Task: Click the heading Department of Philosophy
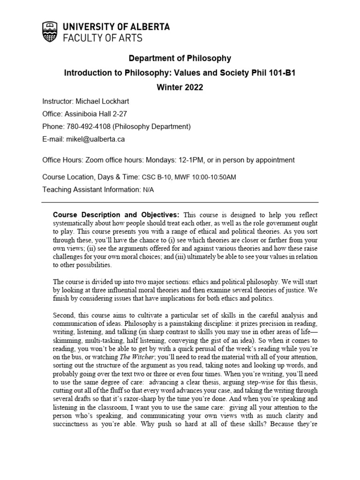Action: coord(180,59)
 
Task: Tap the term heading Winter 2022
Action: coord(180,88)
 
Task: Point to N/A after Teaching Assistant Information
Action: coord(148,190)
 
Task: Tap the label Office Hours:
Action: coord(63,160)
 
